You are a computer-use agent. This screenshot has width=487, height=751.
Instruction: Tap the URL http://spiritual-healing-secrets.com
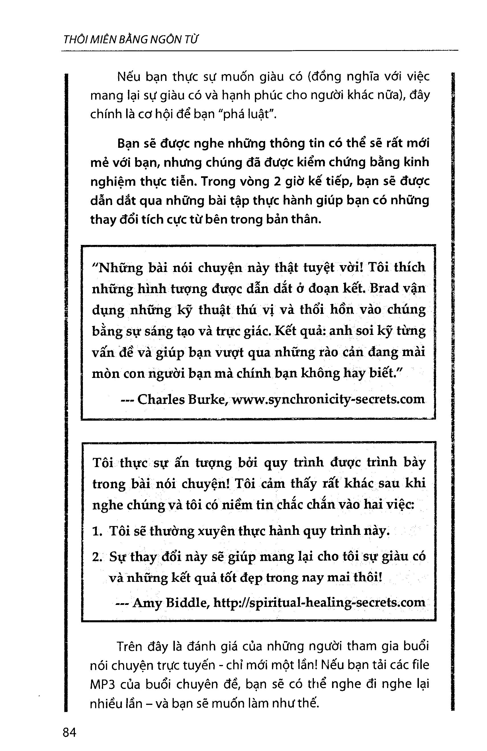pyautogui.click(x=319, y=602)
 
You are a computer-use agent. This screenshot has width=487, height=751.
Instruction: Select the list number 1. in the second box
pyautogui.click(x=97, y=531)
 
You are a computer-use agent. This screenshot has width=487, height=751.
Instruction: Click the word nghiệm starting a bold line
pyautogui.click(x=113, y=182)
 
